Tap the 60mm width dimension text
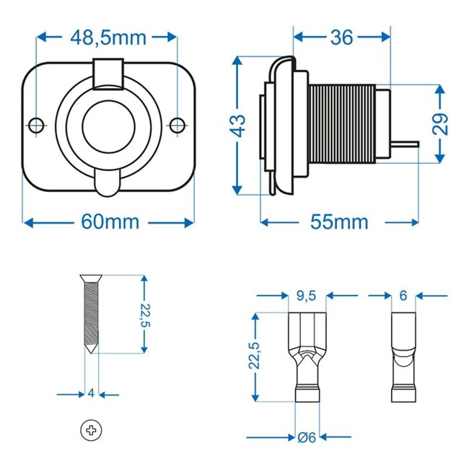tap(109, 222)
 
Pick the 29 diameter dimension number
tap(441, 123)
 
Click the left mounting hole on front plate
tap(35, 125)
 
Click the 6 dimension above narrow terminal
tap(403, 295)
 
